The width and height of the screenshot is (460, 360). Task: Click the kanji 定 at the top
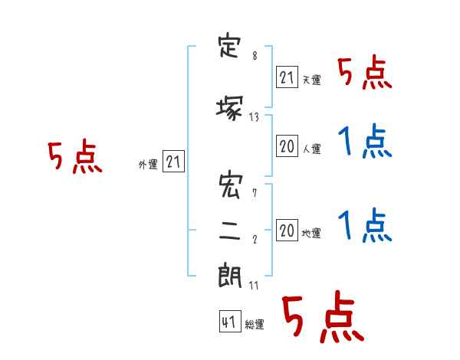point(229,47)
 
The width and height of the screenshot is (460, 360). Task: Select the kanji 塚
point(230,108)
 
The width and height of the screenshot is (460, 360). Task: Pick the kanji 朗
point(230,276)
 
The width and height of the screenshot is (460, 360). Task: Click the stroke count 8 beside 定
point(255,55)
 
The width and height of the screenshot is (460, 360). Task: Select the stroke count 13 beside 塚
point(254,117)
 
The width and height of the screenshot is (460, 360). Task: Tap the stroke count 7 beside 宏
point(255,193)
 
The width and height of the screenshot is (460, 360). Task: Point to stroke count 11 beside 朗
point(254,285)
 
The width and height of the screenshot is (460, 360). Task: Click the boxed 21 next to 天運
point(287,77)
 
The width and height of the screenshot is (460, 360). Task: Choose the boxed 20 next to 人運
point(287,146)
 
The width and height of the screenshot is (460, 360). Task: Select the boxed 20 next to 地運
point(287,231)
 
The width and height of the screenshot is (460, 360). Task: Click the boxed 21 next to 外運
point(173,162)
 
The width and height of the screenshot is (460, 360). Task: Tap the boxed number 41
point(230,322)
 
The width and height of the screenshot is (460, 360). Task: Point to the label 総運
point(255,324)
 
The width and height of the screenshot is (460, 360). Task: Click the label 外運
point(148,165)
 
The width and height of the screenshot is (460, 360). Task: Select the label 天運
point(312,80)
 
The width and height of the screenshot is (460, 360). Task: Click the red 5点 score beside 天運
point(365,72)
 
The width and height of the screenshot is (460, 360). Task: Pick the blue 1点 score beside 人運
point(365,141)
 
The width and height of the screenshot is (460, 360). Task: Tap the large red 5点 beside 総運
point(324,316)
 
